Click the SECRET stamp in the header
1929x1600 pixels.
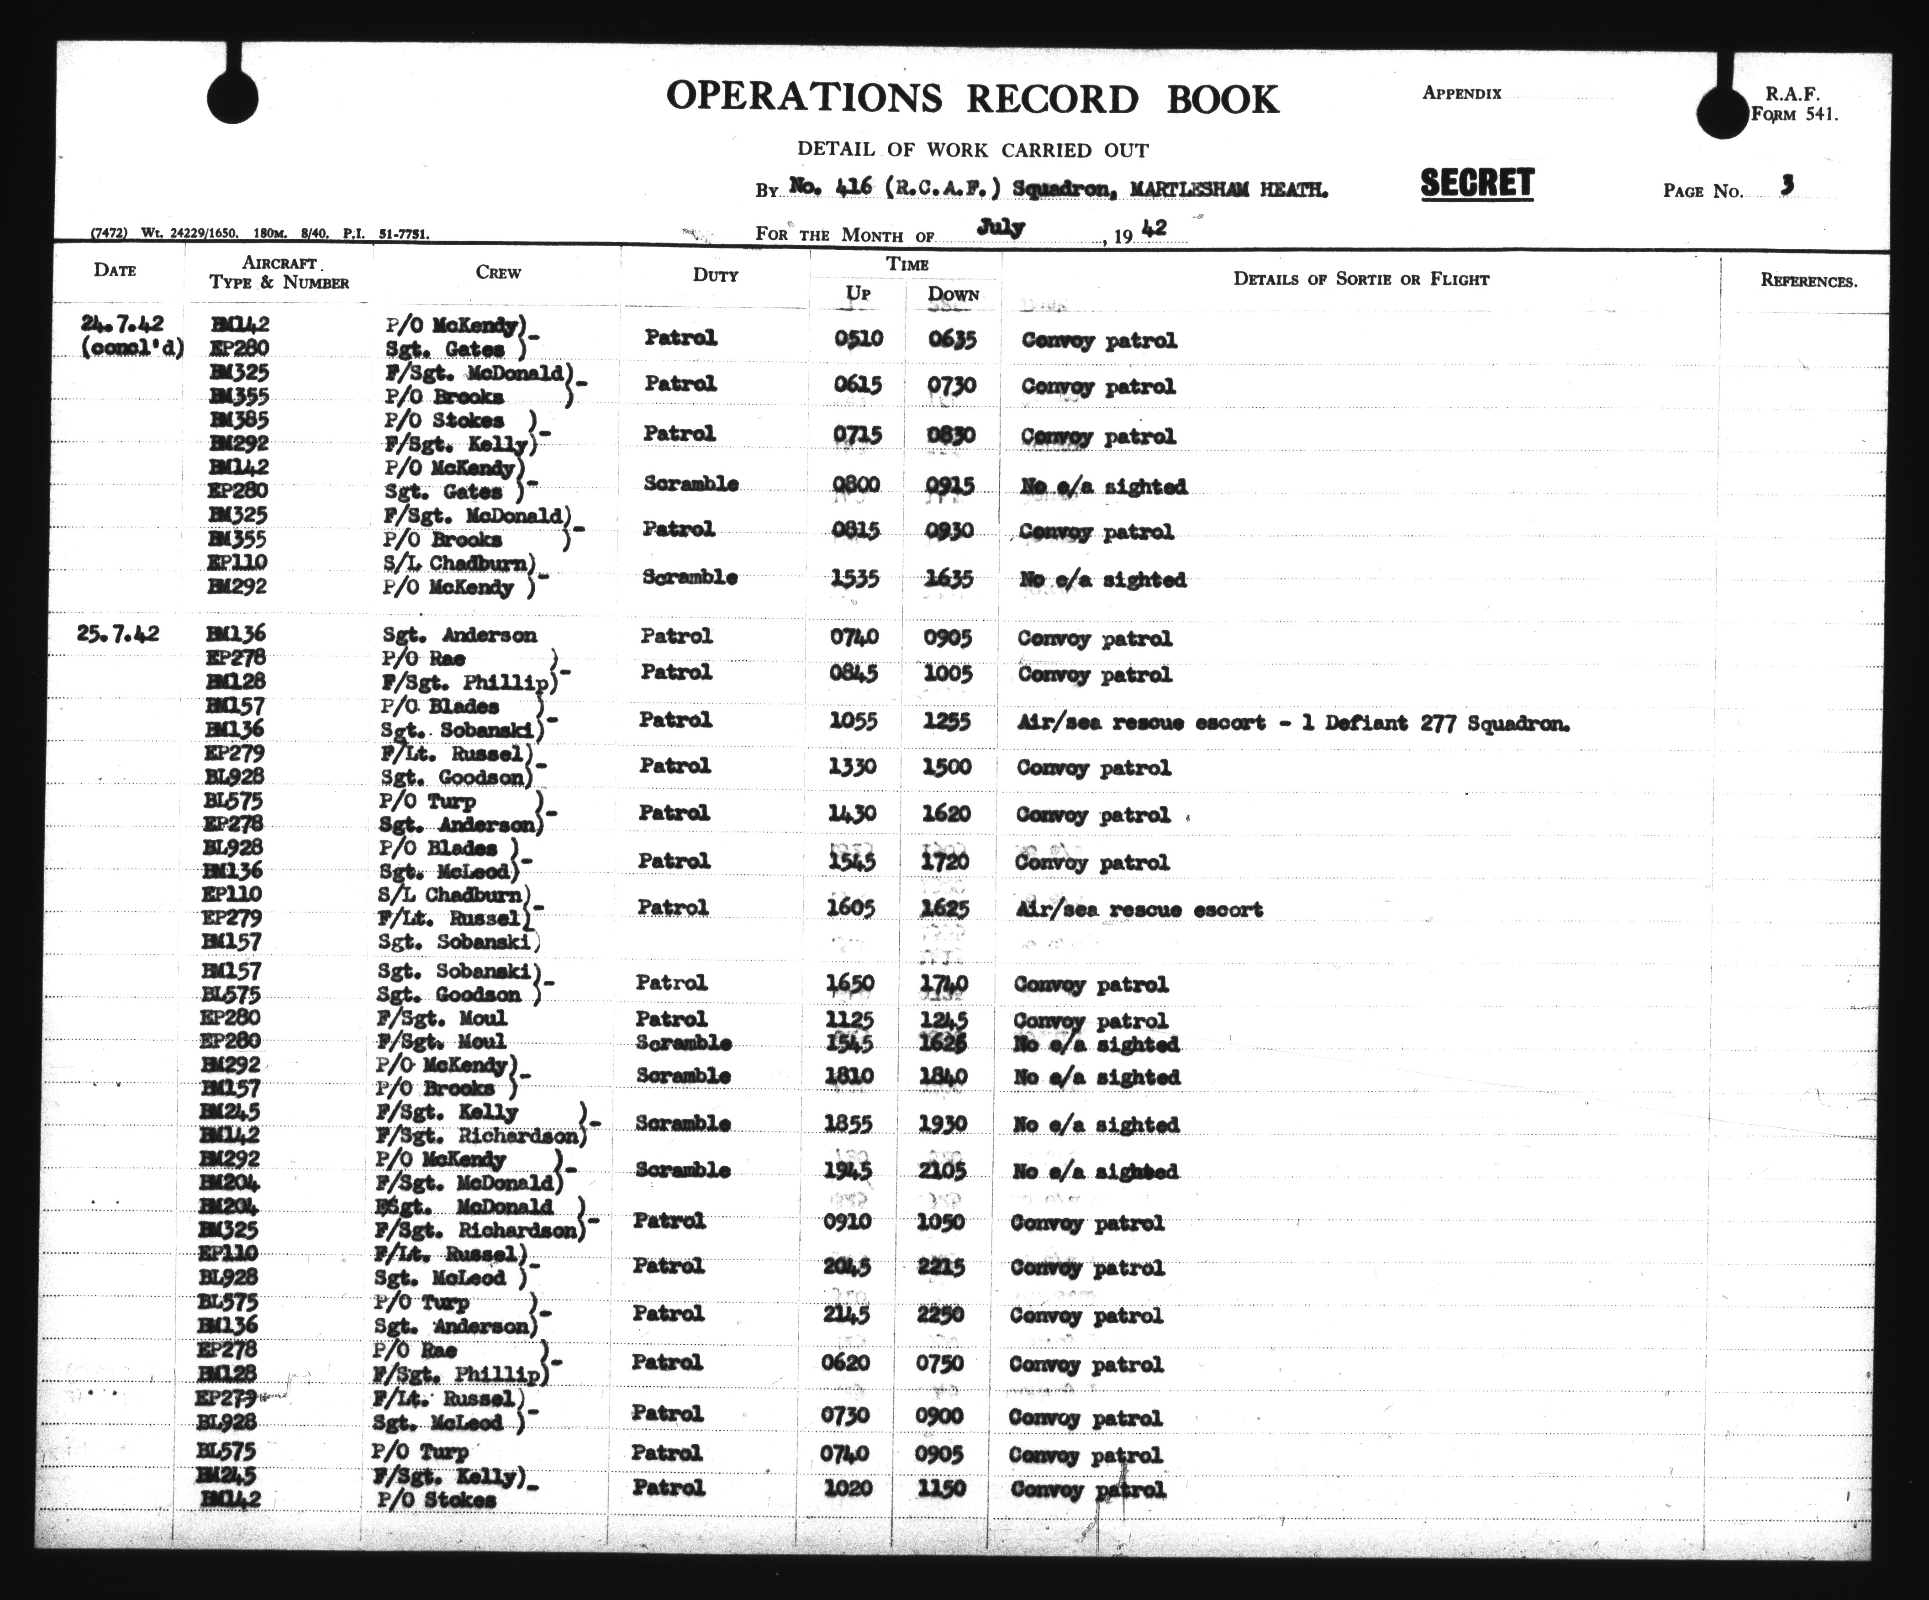pyautogui.click(x=1477, y=184)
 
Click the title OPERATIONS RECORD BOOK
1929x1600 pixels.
pyautogui.click(x=972, y=98)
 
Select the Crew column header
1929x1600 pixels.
pyautogui.click(x=498, y=273)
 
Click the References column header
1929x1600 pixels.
pyautogui.click(x=1808, y=281)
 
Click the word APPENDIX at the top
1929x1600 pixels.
pyautogui.click(x=1461, y=93)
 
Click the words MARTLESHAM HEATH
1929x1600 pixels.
pyautogui.click(x=1229, y=190)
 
